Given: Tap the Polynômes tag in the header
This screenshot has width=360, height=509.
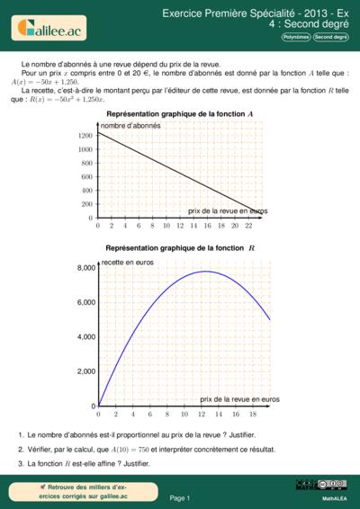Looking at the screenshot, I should (296, 37).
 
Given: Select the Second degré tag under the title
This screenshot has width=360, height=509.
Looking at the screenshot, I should (330, 37).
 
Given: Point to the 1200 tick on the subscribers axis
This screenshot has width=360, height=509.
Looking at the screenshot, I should (85, 136).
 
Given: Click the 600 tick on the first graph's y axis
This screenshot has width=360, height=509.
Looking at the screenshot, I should (87, 177).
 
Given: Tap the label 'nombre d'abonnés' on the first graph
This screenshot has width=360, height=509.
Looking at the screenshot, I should (130, 126).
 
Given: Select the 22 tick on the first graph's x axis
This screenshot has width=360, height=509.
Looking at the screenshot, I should (247, 226).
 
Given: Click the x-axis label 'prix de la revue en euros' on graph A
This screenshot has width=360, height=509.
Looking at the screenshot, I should (228, 210).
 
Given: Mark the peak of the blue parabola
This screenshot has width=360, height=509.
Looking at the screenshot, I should (206, 271).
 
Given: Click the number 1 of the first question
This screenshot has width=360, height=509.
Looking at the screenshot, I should (20, 434).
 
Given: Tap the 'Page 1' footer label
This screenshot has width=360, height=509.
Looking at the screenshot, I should (179, 497).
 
